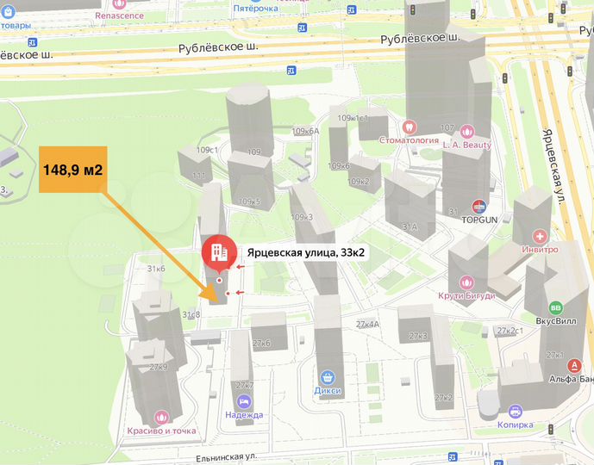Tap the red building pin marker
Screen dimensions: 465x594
219,251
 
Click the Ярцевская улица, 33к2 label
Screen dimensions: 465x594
306,252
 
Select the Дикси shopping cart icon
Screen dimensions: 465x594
328,377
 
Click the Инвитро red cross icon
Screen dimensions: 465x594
540,236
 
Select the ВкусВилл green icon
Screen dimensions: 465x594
556,307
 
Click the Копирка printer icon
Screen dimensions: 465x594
516,412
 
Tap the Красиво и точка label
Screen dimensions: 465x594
161,431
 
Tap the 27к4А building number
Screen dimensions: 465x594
367,325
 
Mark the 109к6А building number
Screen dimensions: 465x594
306,132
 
